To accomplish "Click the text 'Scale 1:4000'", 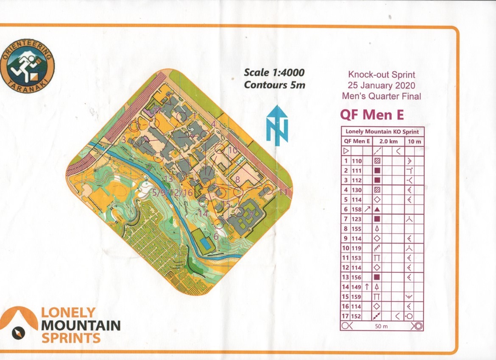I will tap(274, 73).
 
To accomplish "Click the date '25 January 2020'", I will tap(382, 86).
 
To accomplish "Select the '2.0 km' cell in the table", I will tap(386, 141).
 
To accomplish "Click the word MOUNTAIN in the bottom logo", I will tap(81, 326).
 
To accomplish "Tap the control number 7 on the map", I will tap(251, 215).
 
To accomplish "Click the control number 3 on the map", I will tap(123, 139).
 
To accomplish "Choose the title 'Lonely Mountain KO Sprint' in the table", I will tap(382, 132).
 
